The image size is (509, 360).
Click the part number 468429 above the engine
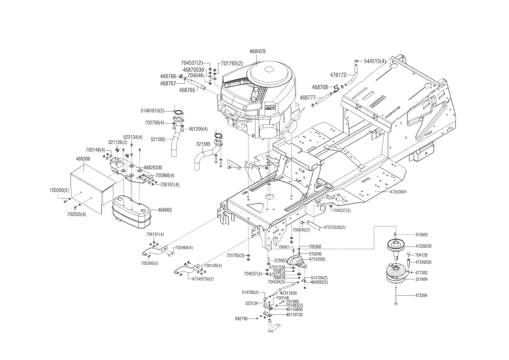click(257, 51)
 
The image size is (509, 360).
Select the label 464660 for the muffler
click(165, 210)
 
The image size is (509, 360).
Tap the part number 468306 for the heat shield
click(83, 159)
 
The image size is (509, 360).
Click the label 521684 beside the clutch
click(421, 279)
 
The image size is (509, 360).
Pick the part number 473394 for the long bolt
click(421, 296)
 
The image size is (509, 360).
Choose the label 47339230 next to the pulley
click(423, 246)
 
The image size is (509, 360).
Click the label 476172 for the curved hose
click(338, 75)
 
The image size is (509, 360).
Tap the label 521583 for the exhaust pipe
click(158, 139)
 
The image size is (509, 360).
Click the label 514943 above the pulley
click(421, 235)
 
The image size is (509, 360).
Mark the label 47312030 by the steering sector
click(317, 259)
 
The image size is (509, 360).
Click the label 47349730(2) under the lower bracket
click(203, 279)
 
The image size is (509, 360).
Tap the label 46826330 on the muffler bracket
click(153, 168)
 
